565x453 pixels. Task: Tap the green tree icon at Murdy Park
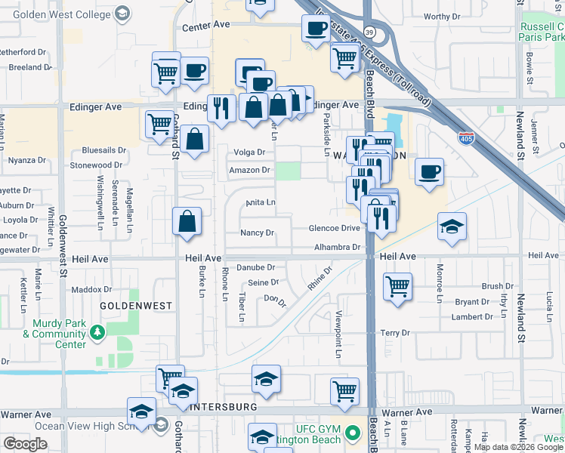point(97,331)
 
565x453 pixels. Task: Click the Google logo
point(25,444)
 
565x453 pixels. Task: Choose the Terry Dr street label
point(394,332)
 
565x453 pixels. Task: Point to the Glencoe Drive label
point(334,228)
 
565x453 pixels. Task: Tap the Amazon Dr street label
point(249,171)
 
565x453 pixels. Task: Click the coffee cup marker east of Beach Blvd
point(429,171)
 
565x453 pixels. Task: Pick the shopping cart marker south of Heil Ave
point(397,286)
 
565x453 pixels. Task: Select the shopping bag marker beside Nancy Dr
point(187,222)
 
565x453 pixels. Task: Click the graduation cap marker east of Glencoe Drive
point(452,225)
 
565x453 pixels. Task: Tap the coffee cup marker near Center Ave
point(315,29)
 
